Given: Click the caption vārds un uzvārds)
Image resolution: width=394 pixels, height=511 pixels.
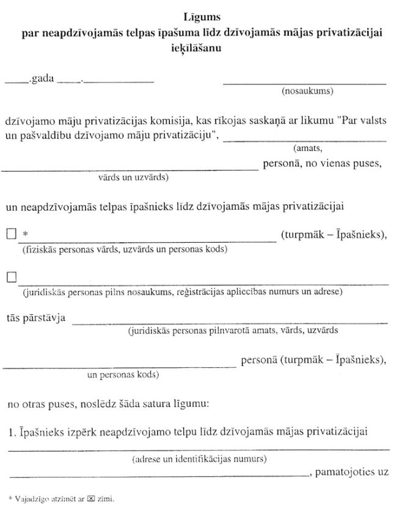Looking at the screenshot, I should tap(133, 178).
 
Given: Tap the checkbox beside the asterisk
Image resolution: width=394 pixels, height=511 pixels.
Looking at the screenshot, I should tap(10, 234).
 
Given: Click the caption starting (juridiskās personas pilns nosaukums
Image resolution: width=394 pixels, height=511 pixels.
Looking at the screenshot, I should tap(182, 293).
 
